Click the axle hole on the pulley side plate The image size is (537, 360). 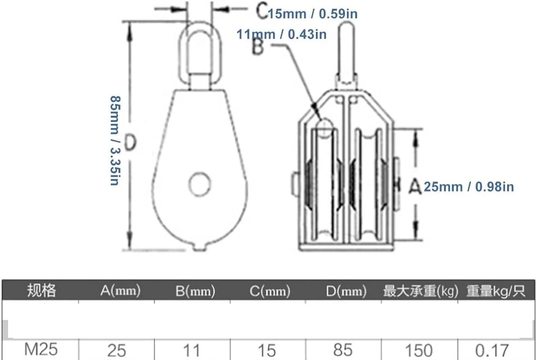click(200, 184)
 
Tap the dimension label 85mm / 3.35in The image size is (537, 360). click(115, 140)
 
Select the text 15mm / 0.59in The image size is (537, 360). click(312, 14)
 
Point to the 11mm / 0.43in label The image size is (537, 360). click(282, 35)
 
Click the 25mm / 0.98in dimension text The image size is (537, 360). click(469, 187)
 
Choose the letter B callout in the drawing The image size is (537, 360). click(258, 47)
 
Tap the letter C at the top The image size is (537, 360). click(261, 10)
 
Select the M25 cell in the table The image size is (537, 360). click(41, 349)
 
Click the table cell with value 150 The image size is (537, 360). click(419, 350)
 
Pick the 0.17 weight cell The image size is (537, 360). click(492, 350)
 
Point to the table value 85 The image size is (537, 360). click(343, 350)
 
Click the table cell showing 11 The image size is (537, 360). click(192, 350)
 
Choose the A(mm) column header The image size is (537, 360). click(120, 291)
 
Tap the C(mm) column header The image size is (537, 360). click(270, 291)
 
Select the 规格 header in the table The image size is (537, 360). click(42, 290)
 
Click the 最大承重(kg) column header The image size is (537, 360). click(421, 291)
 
